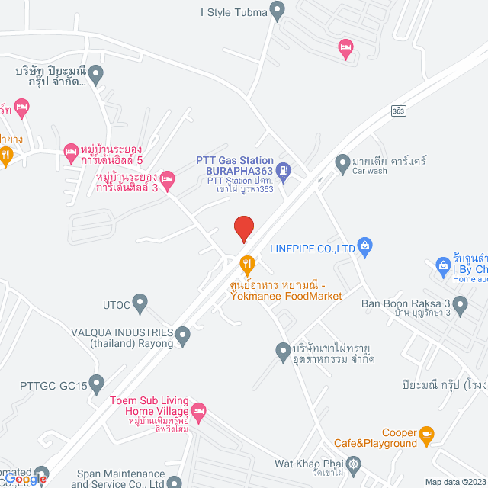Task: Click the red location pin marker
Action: click(x=243, y=228)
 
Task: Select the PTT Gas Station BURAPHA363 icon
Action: click(x=284, y=170)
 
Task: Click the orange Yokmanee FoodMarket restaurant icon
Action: click(x=247, y=265)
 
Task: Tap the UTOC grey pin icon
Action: click(x=140, y=303)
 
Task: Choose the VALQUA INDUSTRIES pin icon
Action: click(x=182, y=334)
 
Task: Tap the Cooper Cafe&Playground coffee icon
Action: click(x=426, y=435)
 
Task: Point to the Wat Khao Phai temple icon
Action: click(x=354, y=464)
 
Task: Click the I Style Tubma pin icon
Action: click(x=278, y=11)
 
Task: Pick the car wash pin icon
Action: click(x=342, y=162)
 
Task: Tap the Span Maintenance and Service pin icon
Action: click(x=175, y=482)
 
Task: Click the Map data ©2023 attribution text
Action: click(x=454, y=482)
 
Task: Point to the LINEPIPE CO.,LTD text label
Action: click(x=313, y=248)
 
